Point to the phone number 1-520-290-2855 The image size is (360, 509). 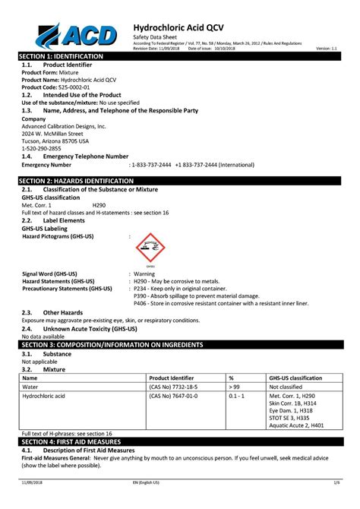43,148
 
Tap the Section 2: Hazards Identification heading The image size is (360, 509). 76,181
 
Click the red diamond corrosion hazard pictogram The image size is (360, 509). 148,247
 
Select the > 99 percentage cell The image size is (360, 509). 234,387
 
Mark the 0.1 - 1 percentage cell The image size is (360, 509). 235,397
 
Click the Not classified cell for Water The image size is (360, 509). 285,387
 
